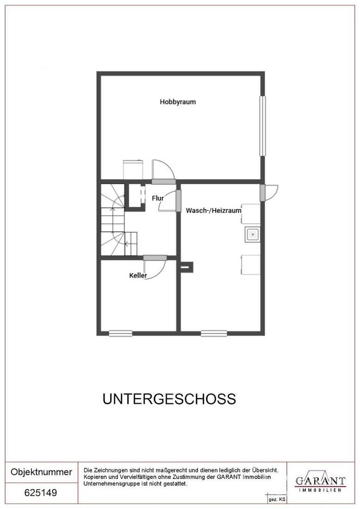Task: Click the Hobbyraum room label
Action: (178, 102)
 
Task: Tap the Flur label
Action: (158, 198)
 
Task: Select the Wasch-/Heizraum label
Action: (213, 211)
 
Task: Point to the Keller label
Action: (138, 275)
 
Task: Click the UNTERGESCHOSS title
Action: (169, 399)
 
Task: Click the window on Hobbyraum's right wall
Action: (263, 126)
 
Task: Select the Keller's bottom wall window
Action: (121, 333)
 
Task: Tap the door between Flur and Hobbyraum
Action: (163, 181)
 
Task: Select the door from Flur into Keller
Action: (155, 257)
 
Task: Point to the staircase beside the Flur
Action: (113, 219)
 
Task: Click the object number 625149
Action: (41, 493)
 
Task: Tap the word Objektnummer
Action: (41, 472)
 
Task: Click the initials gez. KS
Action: (277, 499)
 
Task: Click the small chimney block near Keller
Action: (186, 267)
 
